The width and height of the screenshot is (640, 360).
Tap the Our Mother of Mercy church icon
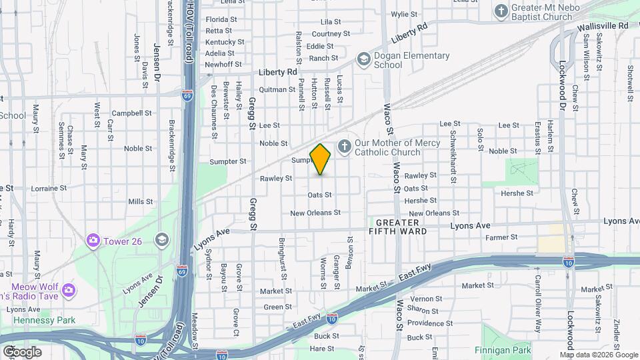[345, 146]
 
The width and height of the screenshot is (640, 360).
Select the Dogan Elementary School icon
[363, 60]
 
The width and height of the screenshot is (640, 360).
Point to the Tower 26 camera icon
[93, 240]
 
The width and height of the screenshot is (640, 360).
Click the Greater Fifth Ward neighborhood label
[398, 227]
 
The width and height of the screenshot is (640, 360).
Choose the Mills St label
[141, 201]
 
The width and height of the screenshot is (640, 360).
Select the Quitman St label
[277, 89]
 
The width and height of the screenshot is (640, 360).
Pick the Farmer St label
[501, 237]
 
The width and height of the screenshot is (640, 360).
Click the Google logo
[21, 352]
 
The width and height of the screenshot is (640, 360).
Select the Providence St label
[425, 323]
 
